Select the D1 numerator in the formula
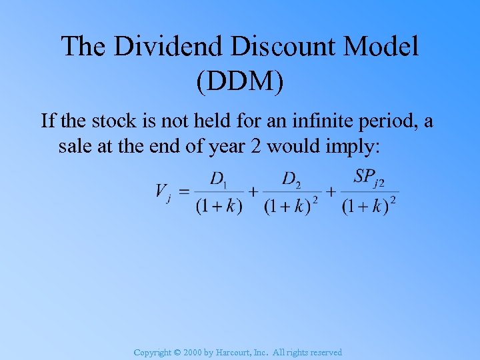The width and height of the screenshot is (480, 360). click(x=219, y=179)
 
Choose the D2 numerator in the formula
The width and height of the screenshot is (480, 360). click(x=291, y=179)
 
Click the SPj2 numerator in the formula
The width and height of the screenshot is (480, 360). click(x=369, y=177)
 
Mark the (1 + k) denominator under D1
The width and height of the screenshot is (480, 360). click(x=219, y=206)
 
